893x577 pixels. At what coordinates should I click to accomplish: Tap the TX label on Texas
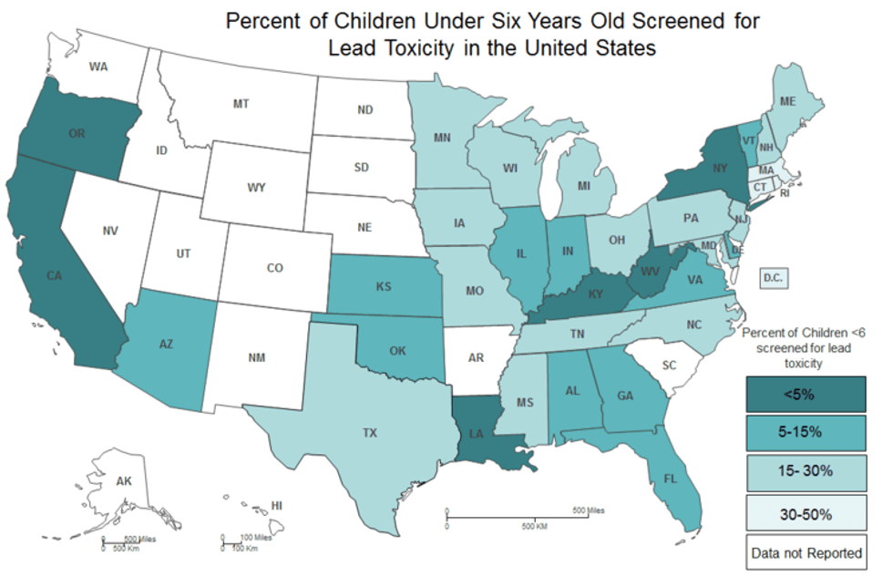click(370, 433)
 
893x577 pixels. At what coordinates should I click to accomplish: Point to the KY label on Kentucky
click(595, 294)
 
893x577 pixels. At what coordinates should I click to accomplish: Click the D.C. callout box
click(774, 278)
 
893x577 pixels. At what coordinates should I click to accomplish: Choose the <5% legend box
click(806, 394)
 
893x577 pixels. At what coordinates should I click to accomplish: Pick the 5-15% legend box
click(806, 432)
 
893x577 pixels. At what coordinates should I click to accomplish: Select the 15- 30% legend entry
click(806, 472)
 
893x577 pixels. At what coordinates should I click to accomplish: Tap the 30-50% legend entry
click(806, 513)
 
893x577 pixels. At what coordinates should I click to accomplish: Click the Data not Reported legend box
click(806, 552)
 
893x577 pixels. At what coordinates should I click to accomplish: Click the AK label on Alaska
click(124, 481)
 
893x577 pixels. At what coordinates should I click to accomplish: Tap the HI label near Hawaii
click(277, 505)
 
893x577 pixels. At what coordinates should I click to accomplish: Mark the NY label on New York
click(720, 168)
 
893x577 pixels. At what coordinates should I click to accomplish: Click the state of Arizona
click(165, 347)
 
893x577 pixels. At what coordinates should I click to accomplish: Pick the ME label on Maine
click(787, 101)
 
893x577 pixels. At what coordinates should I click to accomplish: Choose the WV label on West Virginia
click(650, 271)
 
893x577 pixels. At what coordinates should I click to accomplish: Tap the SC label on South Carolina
click(669, 366)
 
